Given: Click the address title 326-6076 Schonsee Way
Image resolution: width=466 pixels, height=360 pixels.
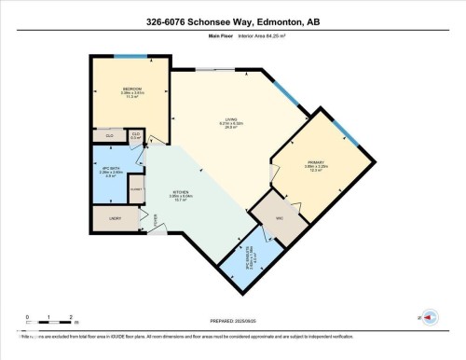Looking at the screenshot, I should click(233, 21).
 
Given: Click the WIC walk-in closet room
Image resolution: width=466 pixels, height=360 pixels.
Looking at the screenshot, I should click(278, 216).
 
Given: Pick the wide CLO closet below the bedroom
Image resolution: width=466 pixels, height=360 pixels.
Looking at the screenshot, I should click(110, 135).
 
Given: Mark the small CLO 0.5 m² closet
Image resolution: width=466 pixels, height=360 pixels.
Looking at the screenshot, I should click(136, 136).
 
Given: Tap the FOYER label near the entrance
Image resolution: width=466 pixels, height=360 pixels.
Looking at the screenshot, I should click(156, 219).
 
